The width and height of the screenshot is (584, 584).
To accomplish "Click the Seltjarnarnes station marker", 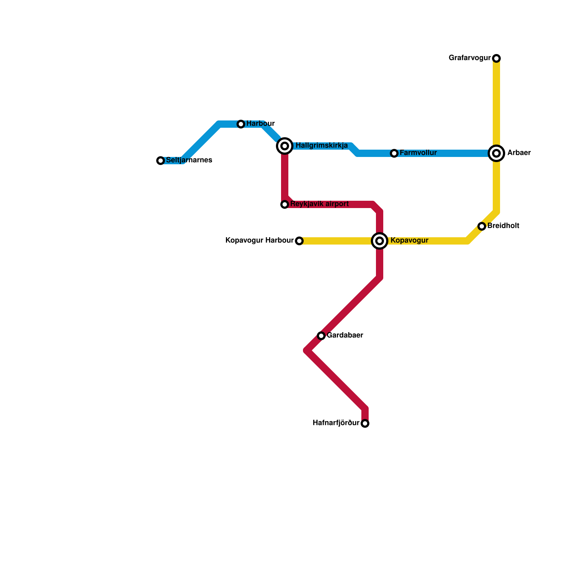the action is click(161, 161).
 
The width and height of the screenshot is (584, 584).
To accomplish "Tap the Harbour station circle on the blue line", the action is click(241, 124).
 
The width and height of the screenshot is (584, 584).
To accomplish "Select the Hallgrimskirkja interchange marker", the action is click(285, 146).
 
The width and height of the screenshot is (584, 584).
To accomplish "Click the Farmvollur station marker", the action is click(394, 153).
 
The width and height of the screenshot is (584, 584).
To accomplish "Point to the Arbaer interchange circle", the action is click(496, 153).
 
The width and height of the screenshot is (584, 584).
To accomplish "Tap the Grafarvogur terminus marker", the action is click(496, 58).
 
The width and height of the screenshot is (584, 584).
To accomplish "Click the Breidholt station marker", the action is click(482, 226).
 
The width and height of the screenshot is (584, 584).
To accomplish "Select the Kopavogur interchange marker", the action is click(380, 241).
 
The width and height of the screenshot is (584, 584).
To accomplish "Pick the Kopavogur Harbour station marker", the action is click(299, 241).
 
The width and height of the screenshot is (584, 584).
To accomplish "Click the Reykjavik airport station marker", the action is click(285, 204).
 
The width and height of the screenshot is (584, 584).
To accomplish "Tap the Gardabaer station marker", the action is click(321, 336).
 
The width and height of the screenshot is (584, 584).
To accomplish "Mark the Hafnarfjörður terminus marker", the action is click(365, 423).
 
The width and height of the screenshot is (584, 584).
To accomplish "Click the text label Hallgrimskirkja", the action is click(322, 146).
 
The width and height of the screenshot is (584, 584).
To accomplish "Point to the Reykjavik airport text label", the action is click(320, 204).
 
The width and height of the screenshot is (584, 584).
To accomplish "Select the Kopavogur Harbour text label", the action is click(260, 241).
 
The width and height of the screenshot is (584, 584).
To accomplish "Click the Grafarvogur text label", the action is click(470, 58).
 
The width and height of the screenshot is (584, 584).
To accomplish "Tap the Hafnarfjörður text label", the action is click(336, 423).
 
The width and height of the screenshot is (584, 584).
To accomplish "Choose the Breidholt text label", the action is click(503, 226).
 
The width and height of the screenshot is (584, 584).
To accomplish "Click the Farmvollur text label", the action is click(418, 153).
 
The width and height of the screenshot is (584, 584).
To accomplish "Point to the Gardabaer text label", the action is click(345, 335).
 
